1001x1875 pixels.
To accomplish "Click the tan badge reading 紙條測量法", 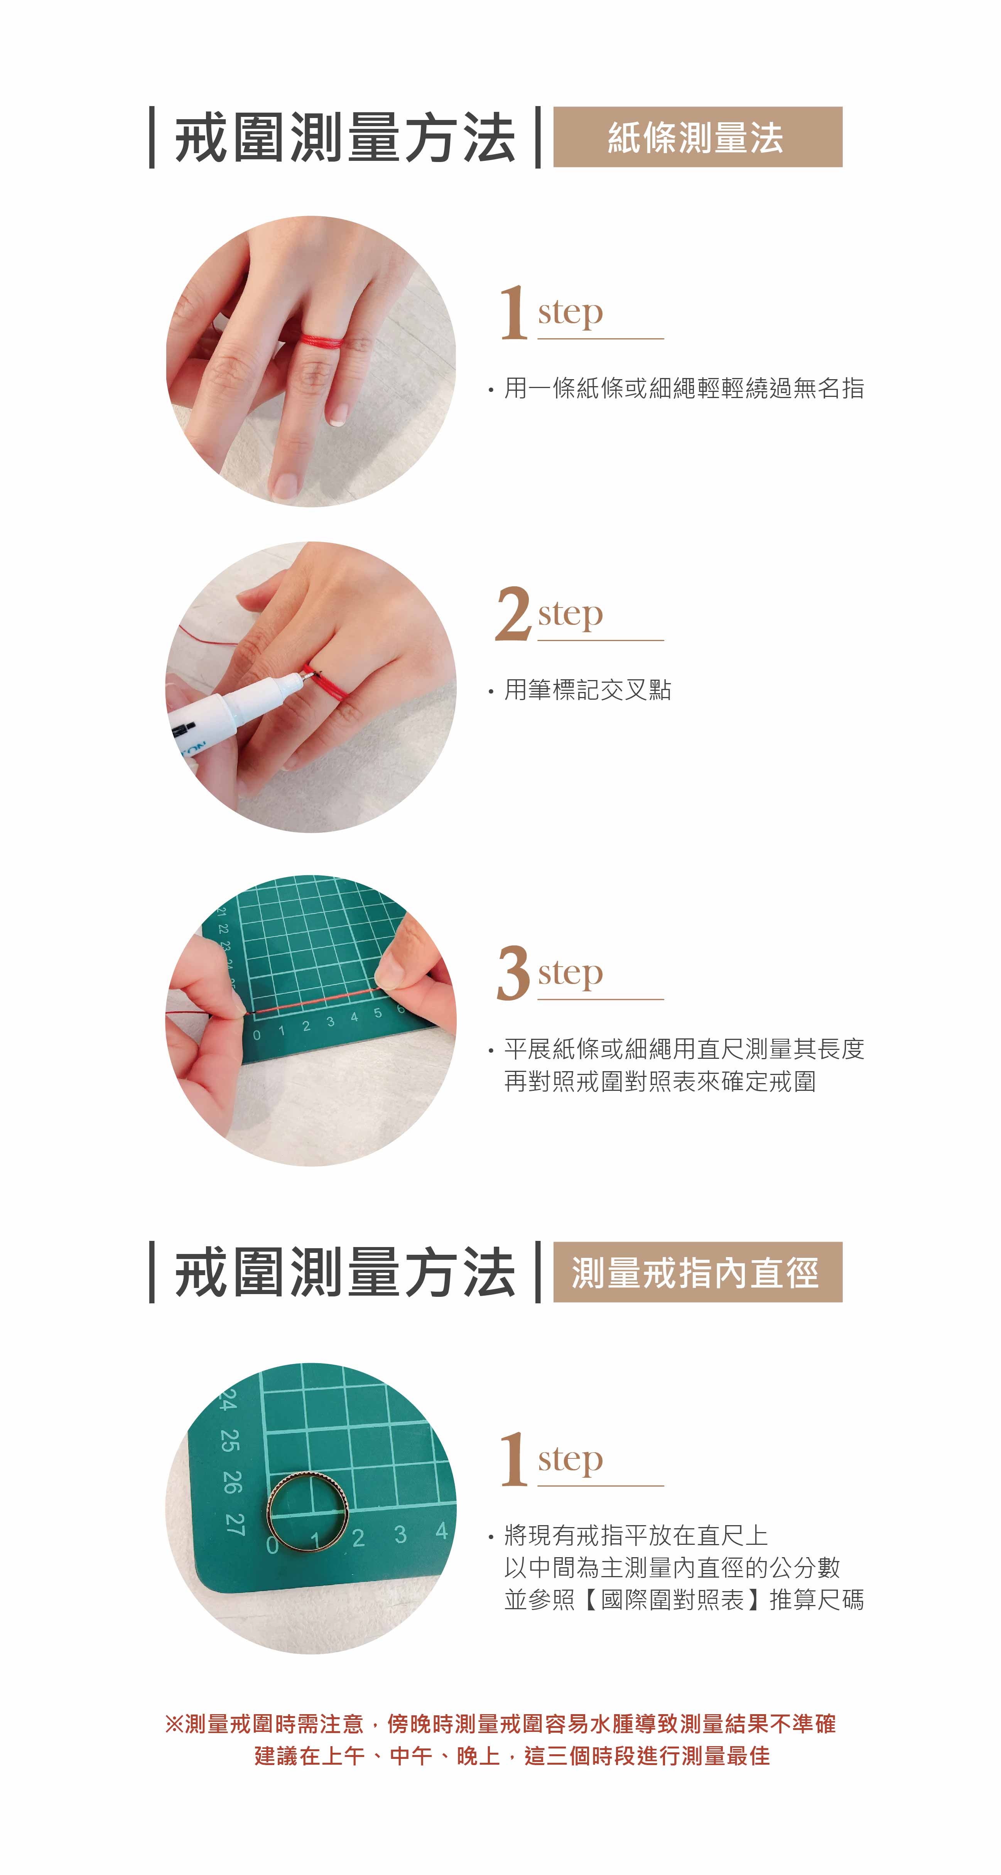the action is [697, 137].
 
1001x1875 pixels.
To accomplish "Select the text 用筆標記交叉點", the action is [587, 689].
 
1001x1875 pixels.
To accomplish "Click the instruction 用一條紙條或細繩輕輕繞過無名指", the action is [684, 388].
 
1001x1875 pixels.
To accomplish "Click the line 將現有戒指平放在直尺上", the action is [636, 1535].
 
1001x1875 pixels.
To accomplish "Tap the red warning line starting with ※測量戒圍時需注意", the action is [500, 1723].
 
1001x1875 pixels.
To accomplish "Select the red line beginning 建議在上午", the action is [512, 1756].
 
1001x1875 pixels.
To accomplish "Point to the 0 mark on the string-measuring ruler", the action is [256, 1035].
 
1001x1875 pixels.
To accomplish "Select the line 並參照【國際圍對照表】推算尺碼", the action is [684, 1599].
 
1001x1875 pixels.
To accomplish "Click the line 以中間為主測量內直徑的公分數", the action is [673, 1567].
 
